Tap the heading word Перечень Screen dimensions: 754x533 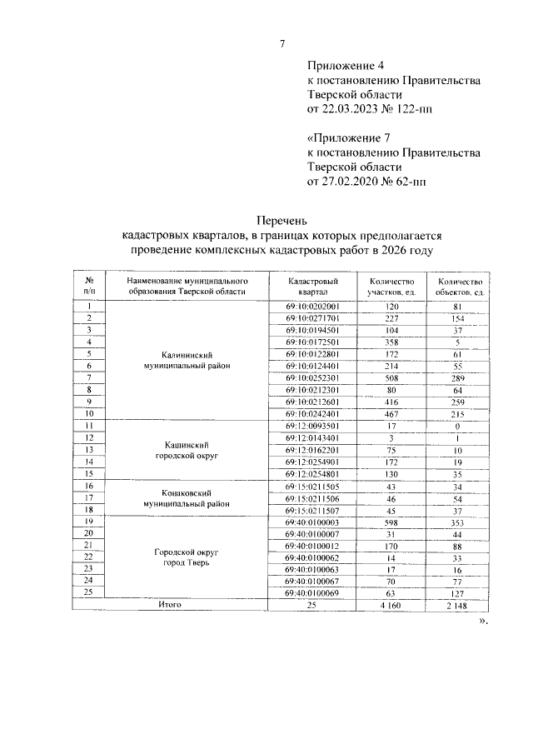[281, 221]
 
